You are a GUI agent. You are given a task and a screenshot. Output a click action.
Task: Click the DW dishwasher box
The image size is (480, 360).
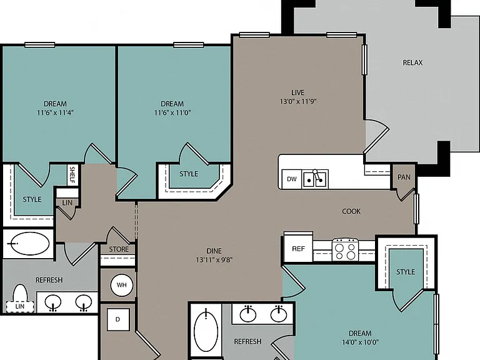(292, 179)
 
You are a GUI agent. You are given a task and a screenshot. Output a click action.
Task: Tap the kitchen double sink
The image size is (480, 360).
(315, 179)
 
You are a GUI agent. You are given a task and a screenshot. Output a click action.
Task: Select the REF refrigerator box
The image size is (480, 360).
(299, 249)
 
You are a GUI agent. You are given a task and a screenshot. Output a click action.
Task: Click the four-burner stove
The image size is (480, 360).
(345, 249)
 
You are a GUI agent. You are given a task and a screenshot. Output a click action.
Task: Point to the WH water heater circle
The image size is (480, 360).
(121, 285)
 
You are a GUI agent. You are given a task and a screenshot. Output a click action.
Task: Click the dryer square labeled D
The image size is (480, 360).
(118, 319)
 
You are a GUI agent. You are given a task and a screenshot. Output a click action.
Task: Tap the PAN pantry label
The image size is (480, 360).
(404, 177)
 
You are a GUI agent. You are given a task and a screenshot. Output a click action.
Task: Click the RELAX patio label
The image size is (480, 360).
(412, 62)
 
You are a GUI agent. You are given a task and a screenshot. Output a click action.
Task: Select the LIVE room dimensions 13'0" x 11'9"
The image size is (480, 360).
(298, 101)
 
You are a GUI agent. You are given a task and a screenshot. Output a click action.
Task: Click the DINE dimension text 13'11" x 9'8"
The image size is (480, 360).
(214, 260)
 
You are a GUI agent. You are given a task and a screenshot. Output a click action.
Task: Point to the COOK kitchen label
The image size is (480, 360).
(351, 211)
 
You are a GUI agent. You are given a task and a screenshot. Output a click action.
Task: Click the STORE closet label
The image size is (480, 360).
(119, 249)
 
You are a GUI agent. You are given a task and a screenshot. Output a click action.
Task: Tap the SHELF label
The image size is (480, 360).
(72, 174)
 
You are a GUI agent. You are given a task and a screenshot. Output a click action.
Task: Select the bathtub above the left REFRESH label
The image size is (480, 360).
(27, 243)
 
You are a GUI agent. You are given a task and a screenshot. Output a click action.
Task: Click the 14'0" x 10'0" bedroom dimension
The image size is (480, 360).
(360, 342)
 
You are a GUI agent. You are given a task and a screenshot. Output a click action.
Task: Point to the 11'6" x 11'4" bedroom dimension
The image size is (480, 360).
(56, 112)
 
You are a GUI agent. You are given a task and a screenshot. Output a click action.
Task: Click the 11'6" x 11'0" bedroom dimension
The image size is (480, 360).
(172, 112)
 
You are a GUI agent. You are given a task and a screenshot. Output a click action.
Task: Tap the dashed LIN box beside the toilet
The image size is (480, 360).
(20, 306)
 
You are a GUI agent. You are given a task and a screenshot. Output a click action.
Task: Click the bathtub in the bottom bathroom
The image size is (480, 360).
(206, 331)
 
